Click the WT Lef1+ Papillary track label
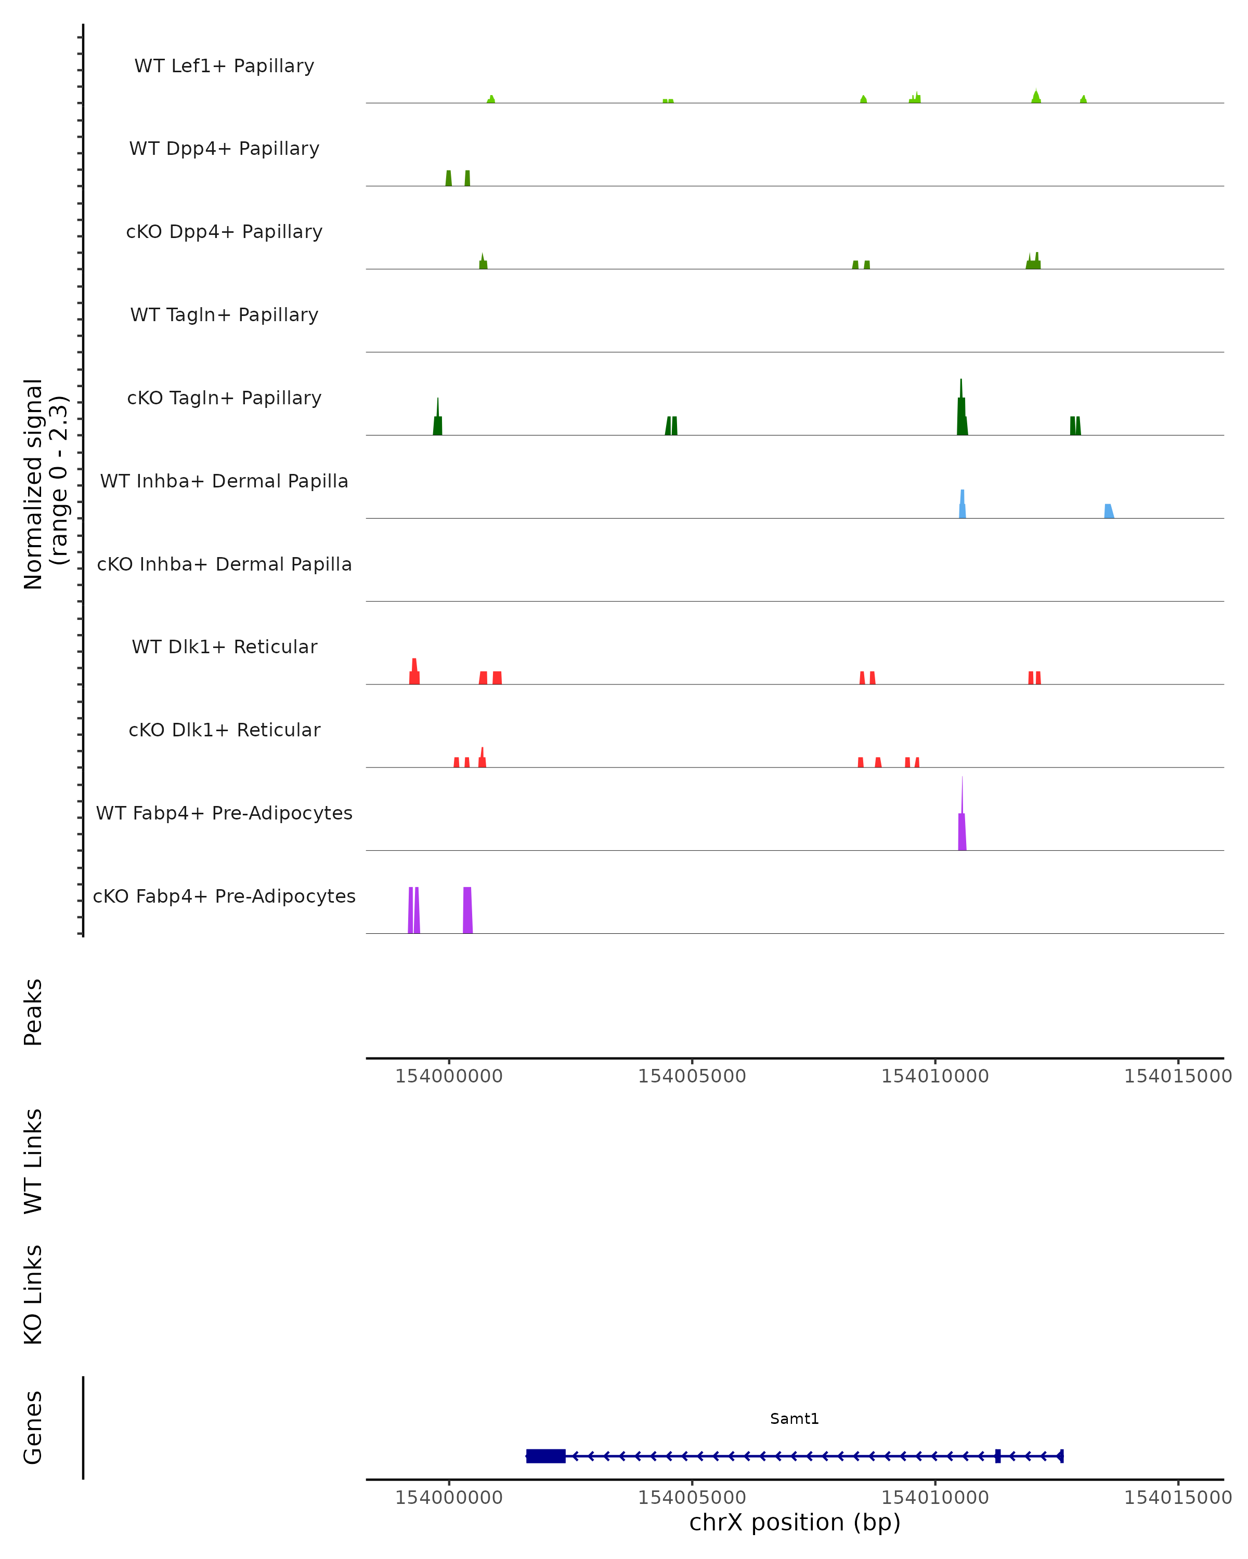tap(224, 66)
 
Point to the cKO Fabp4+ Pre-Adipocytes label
tap(224, 896)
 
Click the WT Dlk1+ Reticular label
tap(224, 646)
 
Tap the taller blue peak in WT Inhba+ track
tap(962, 506)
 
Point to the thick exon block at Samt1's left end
tap(546, 1456)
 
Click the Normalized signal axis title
tap(45, 484)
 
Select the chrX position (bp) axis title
tap(795, 1522)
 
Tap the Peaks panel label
tap(33, 1012)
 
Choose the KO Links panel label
tap(33, 1295)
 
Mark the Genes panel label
tap(33, 1428)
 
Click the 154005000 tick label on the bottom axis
tap(692, 1497)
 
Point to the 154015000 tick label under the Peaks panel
tap(1178, 1076)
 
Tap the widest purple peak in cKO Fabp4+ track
tap(467, 910)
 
